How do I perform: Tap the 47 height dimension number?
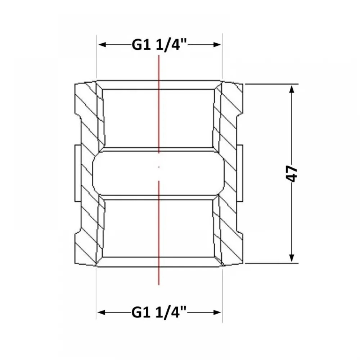(x=292, y=174)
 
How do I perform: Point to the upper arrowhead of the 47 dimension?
(x=292, y=89)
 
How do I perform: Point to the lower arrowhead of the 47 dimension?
(x=292, y=258)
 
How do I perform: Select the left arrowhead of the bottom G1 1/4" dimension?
(x=102, y=312)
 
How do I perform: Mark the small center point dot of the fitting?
(x=159, y=167)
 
